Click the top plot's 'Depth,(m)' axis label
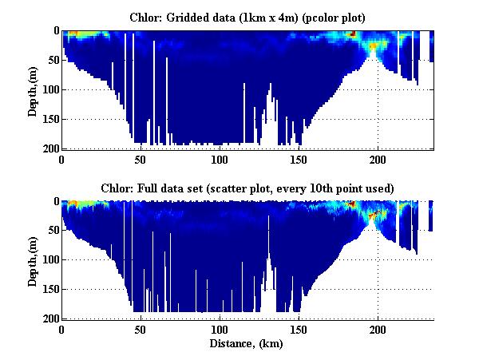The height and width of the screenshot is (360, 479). coord(33,89)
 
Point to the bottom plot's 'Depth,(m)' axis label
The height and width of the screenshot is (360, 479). coord(33,260)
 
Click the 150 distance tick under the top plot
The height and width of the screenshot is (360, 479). coord(299,159)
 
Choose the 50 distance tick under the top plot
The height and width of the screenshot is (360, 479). coord(141,159)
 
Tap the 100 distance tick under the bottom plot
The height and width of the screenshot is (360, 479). coord(220,330)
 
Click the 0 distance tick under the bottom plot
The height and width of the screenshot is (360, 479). coord(62,330)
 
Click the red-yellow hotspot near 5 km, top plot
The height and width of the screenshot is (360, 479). coord(73,34)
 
